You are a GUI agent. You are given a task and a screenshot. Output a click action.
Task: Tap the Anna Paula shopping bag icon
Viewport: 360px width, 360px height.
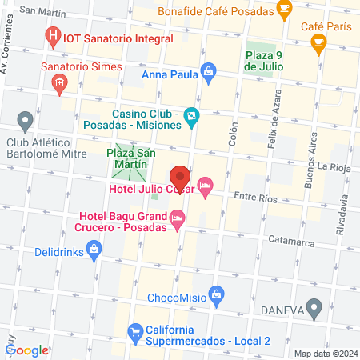point(209,71)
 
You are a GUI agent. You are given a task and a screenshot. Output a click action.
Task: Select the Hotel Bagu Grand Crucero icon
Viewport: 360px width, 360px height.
point(177,218)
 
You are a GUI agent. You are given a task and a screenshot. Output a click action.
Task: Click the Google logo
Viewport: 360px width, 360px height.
point(26,350)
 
